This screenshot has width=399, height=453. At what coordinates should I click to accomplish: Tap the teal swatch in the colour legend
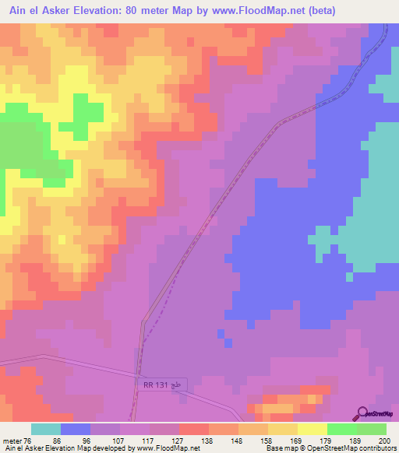pos(46,429)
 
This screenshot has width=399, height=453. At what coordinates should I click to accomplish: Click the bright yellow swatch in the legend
pos(312,429)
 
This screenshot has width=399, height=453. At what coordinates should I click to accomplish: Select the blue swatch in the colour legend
pos(76,429)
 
